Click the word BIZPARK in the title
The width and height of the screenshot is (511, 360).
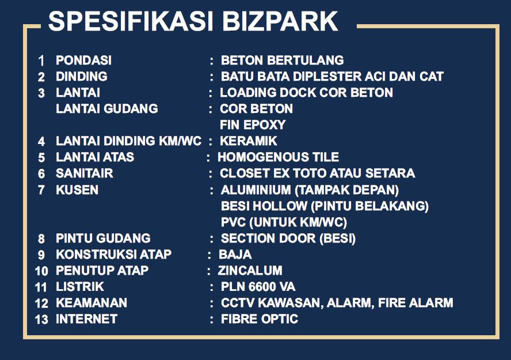[280, 21]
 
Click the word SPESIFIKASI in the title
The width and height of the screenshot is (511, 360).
[131, 21]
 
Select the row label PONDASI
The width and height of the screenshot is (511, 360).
[84, 60]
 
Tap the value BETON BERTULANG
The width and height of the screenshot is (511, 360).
[282, 60]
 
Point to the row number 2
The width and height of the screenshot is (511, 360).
[41, 77]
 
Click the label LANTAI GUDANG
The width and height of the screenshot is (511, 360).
[107, 109]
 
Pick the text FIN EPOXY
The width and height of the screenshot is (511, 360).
[253, 124]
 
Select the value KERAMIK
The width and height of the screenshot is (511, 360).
[249, 141]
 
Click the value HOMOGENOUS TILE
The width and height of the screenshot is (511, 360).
[278, 157]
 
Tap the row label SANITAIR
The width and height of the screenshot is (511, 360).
[85, 173]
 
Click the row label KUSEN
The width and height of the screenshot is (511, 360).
[77, 190]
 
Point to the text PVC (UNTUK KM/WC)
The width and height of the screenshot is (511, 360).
[284, 222]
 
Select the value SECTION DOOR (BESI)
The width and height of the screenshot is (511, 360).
[288, 238]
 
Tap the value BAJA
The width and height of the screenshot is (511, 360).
[235, 255]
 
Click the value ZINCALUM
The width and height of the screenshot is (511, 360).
[250, 270]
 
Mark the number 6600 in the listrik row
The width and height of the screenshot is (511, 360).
[262, 287]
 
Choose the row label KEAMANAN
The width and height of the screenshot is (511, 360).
[91, 302]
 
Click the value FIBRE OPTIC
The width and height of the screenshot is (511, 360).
[260, 319]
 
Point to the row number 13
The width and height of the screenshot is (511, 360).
[41, 320]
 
